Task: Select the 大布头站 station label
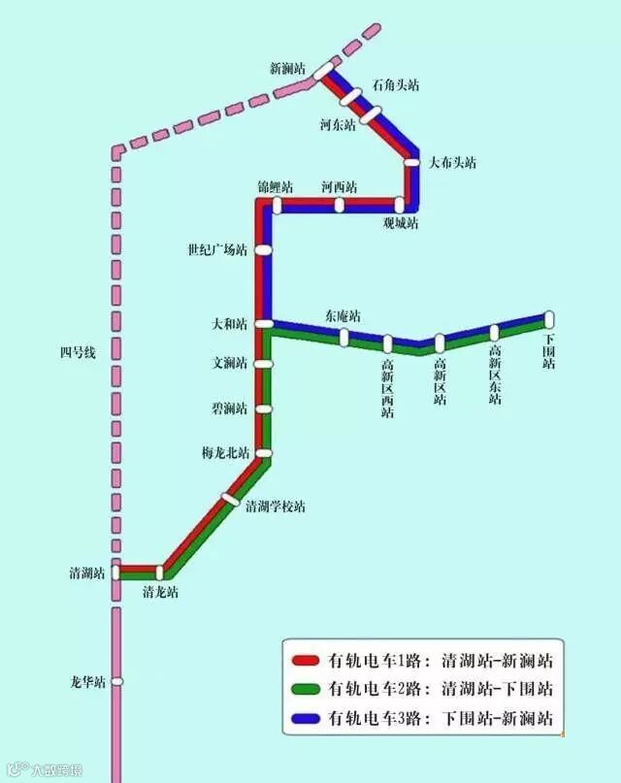[453, 163]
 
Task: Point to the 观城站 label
[400, 223]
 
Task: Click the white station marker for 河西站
[340, 205]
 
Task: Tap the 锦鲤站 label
[275, 186]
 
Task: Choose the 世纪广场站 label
[217, 250]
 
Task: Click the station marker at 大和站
[263, 324]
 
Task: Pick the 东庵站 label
[343, 316]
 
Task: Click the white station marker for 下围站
[549, 318]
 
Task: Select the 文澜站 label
[230, 364]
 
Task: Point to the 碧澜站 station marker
[263, 409]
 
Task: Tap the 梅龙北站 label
[225, 453]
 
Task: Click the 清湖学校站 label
[275, 506]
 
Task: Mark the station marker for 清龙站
[160, 572]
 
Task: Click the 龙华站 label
[87, 682]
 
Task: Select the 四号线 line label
[78, 353]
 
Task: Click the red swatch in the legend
[307, 663]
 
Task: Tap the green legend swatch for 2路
[307, 691]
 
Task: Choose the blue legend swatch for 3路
[307, 719]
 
